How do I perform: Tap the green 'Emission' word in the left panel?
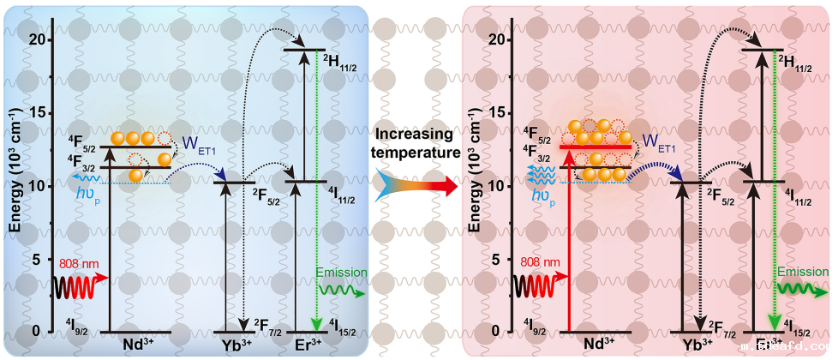tap(341, 273)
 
